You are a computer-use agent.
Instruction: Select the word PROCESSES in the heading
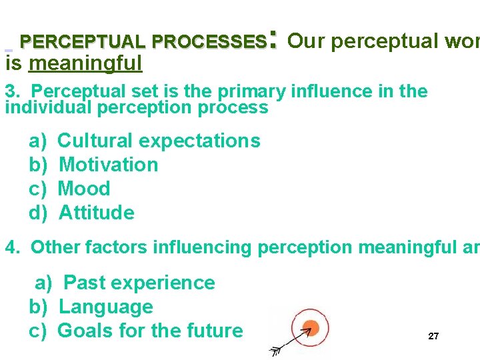(209, 42)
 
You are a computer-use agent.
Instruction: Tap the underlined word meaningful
(86, 63)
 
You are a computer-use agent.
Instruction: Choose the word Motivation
(109, 165)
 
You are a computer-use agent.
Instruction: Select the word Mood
(84, 189)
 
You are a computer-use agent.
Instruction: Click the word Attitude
(97, 213)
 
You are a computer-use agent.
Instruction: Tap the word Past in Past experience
(84, 283)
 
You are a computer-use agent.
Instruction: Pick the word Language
(106, 307)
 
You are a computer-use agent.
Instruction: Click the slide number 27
(433, 336)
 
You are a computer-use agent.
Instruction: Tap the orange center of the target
(309, 327)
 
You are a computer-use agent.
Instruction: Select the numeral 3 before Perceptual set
(10, 91)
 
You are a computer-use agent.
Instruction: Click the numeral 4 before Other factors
(11, 247)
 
